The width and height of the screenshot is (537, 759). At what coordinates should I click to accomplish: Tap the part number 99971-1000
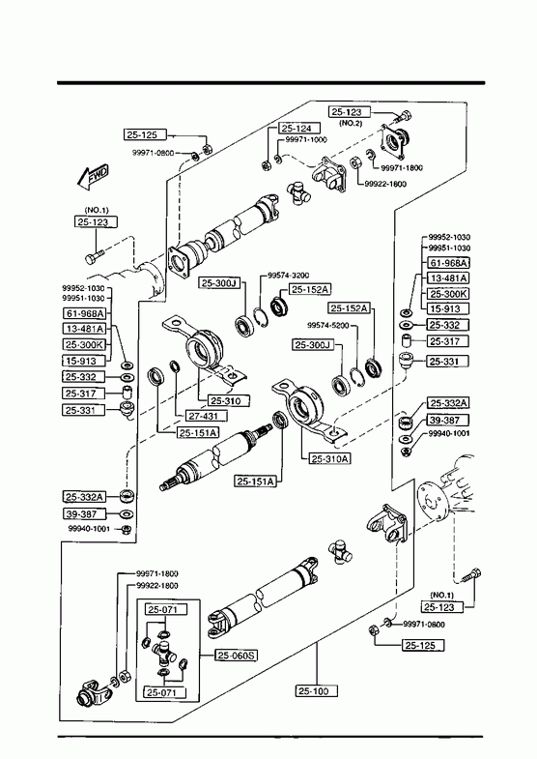point(306,139)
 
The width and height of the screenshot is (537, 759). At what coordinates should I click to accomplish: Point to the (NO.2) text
point(351,123)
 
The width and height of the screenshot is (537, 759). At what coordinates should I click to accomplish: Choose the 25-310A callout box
point(329,458)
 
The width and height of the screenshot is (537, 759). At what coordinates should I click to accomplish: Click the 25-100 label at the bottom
point(316,690)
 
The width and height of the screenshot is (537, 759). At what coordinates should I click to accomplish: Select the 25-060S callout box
point(236,656)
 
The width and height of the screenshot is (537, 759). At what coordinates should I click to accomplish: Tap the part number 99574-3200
point(289,276)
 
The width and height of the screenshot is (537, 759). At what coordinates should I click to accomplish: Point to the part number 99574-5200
point(328,325)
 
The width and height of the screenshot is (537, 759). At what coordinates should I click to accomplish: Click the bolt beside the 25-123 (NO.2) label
point(402,117)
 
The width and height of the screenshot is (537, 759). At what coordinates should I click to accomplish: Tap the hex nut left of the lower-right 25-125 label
point(374,630)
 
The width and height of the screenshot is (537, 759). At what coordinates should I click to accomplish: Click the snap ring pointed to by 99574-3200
point(260,317)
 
